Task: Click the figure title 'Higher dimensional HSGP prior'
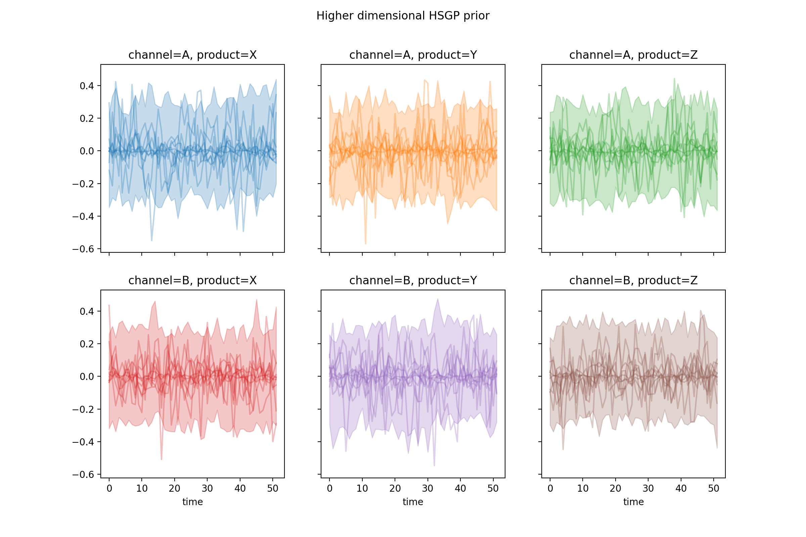coord(403,16)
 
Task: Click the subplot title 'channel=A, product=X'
coord(192,55)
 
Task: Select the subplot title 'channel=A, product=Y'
coord(413,55)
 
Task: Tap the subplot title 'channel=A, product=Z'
coord(633,55)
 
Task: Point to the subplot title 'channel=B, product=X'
coord(192,281)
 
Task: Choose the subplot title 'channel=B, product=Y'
coord(413,281)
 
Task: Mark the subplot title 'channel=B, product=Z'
coord(633,281)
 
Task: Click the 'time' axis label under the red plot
coord(192,502)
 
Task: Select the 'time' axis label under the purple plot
coord(413,502)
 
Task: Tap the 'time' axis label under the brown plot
coord(633,502)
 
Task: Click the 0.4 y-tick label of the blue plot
coord(87,86)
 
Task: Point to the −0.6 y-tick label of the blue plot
coord(83,249)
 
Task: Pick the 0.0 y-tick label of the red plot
coord(87,377)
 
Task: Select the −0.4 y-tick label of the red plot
coord(83,442)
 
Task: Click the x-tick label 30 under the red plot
coord(207,488)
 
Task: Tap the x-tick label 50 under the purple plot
coord(493,488)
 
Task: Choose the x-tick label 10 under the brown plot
coord(583,488)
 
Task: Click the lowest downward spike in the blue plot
coord(151,240)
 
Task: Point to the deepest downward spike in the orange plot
coord(365,244)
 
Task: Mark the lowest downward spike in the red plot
coord(162,459)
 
